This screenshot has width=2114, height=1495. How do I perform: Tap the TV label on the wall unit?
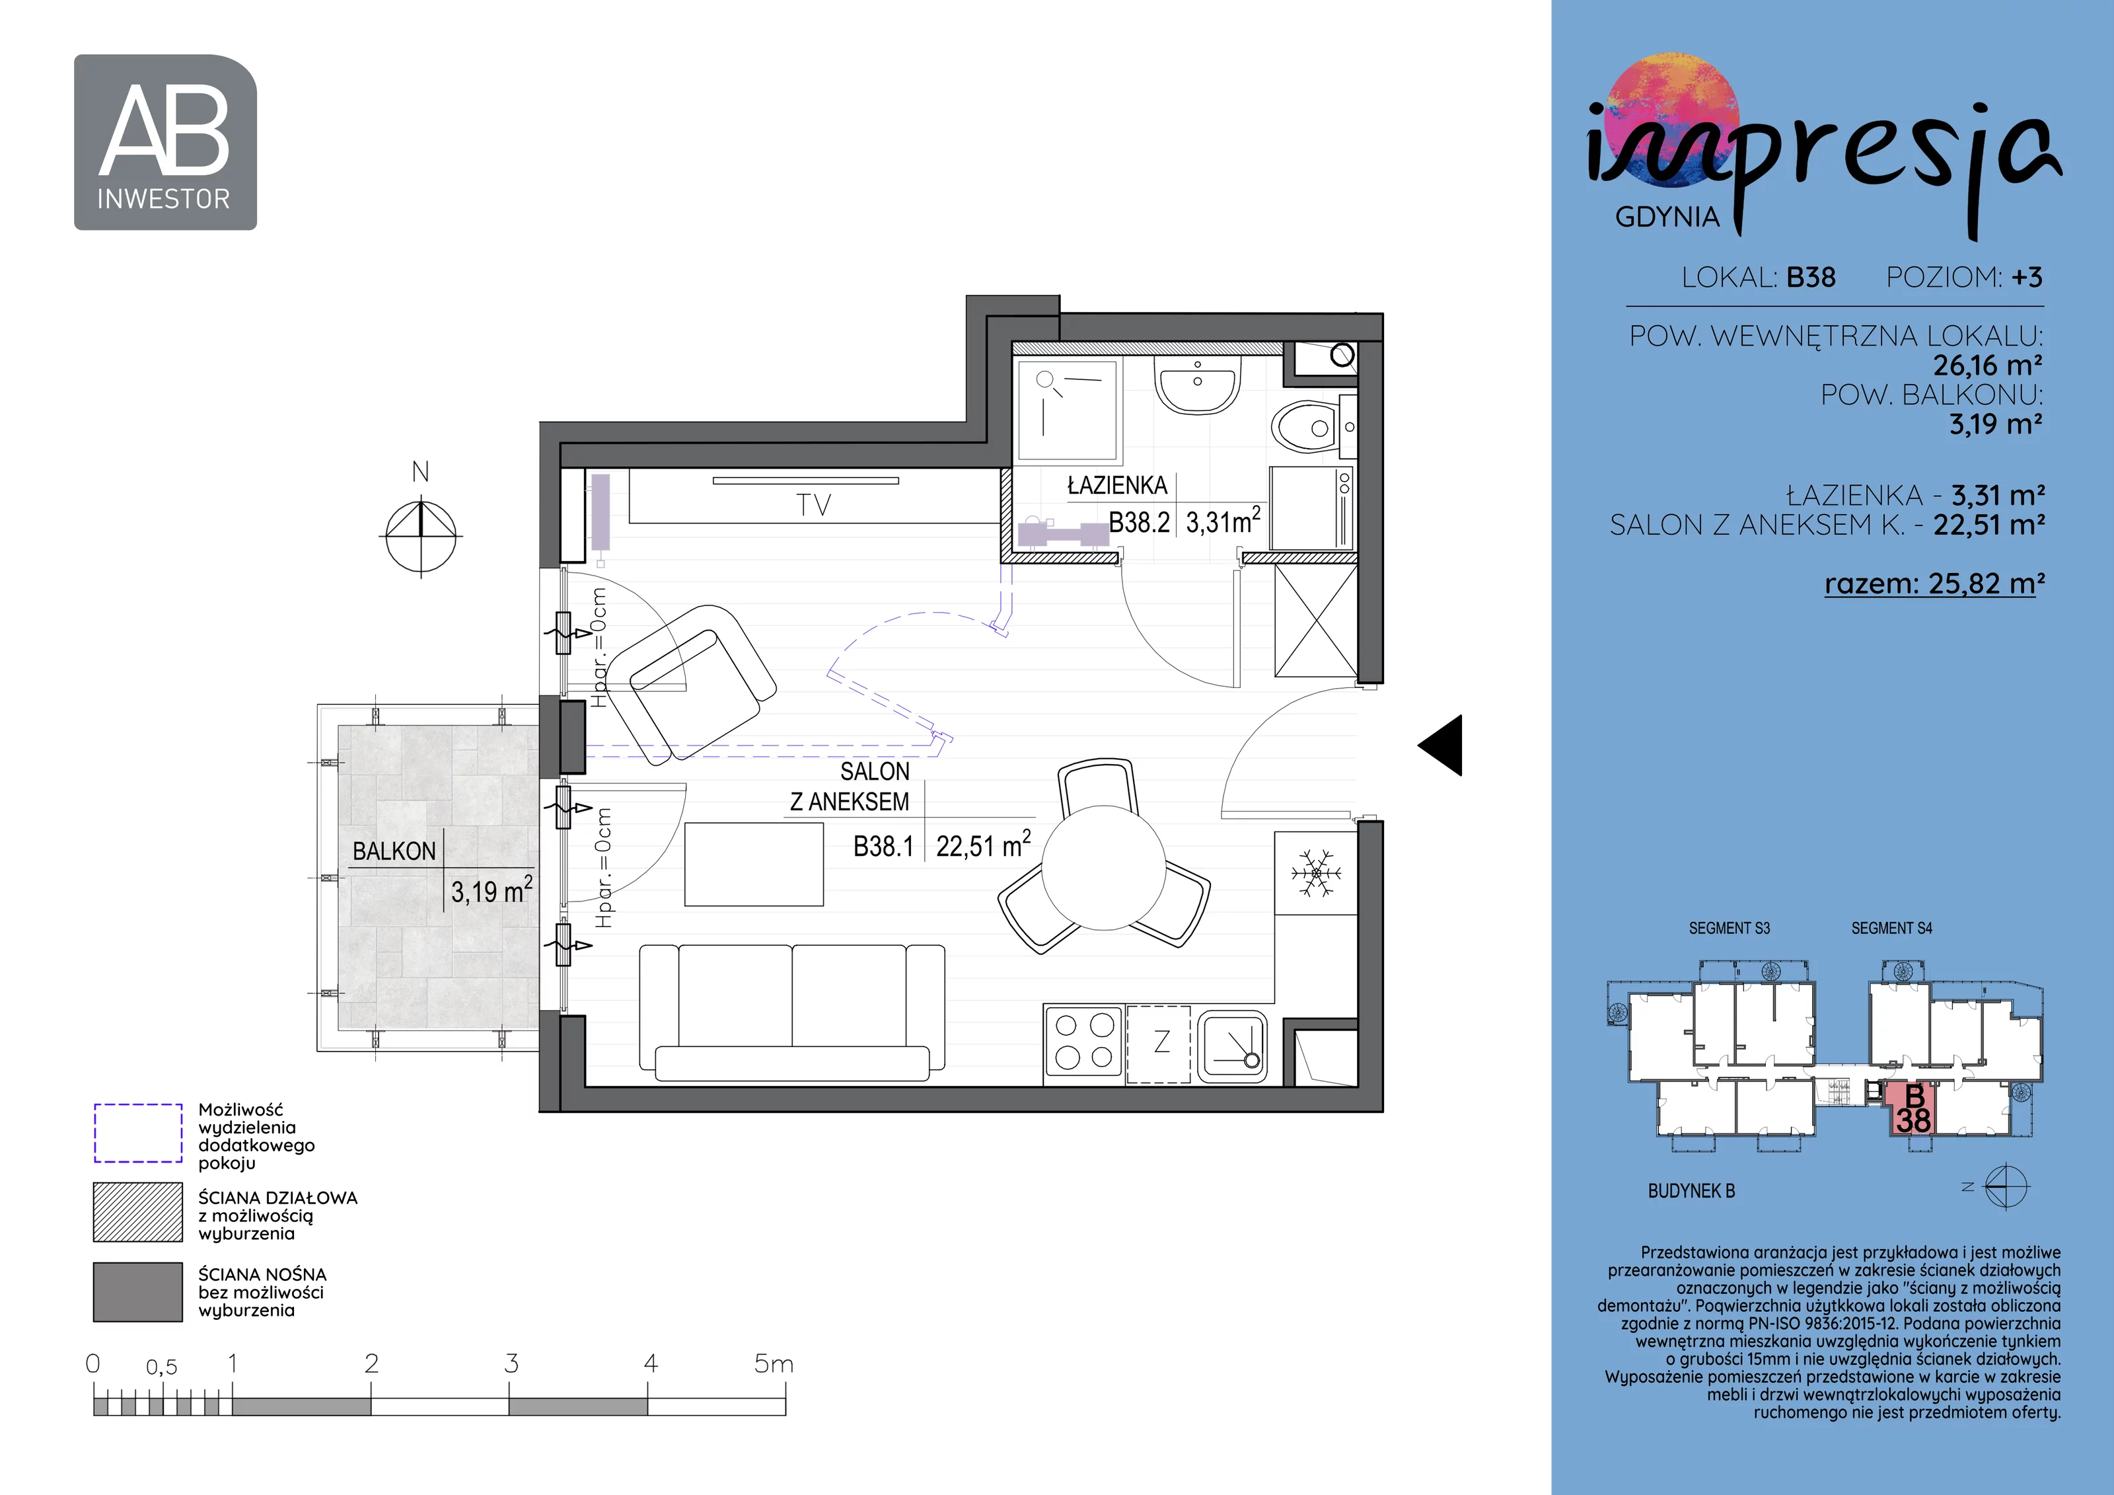click(x=814, y=505)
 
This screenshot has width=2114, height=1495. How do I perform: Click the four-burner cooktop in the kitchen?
click(x=1083, y=1042)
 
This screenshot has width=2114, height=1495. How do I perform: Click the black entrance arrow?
click(x=1440, y=746)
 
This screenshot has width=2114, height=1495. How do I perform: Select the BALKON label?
click(x=394, y=851)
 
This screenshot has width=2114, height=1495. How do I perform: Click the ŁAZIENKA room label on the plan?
click(x=1117, y=485)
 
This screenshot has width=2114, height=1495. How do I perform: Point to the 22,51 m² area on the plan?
click(x=984, y=845)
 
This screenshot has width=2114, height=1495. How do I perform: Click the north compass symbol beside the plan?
click(x=421, y=534)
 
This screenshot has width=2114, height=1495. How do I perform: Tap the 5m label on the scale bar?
click(x=774, y=1363)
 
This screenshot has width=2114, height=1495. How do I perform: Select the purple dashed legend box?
click(x=138, y=1133)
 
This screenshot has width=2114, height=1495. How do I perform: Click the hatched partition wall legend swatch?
click(x=138, y=1212)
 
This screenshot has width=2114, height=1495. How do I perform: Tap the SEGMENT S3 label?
click(x=1729, y=929)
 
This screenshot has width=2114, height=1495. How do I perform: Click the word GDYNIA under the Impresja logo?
click(x=1667, y=217)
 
